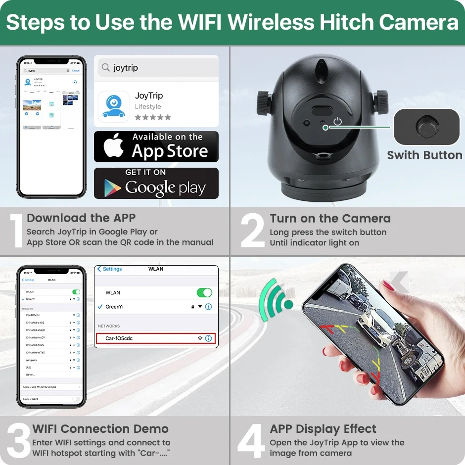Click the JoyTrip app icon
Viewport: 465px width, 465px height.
[x=114, y=106]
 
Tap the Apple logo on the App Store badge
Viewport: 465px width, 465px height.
[x=113, y=146]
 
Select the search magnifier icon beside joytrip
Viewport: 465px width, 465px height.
[x=105, y=68]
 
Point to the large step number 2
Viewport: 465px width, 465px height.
[x=252, y=231]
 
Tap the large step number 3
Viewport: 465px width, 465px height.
[x=18, y=440]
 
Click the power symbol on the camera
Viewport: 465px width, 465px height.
[x=338, y=121]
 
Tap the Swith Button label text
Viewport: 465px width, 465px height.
[x=424, y=155]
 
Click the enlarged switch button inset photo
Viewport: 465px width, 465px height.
[x=426, y=127]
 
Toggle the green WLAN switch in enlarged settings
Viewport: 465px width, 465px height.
[x=204, y=292]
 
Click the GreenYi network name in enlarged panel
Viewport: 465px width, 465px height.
[x=114, y=307]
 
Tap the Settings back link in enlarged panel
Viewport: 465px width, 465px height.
[x=110, y=269]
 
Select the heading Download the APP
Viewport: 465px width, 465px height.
[x=81, y=218]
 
